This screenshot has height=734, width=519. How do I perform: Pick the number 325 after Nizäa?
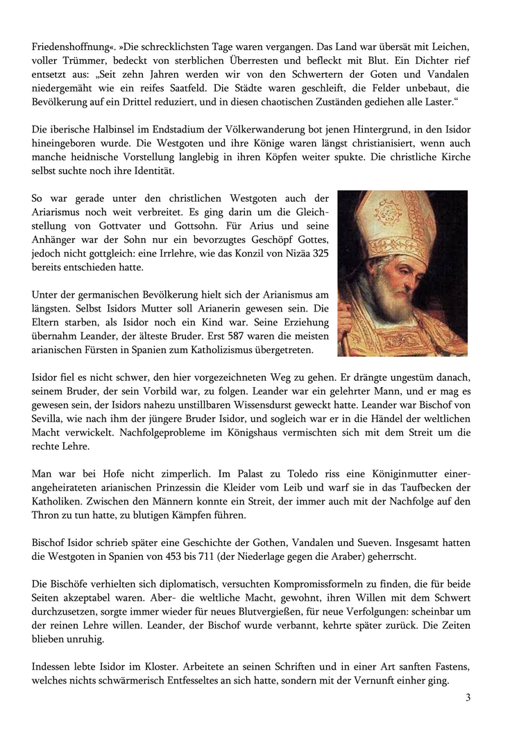pyautogui.click(x=320, y=253)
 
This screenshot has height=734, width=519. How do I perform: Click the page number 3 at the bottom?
pyautogui.click(x=468, y=697)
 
